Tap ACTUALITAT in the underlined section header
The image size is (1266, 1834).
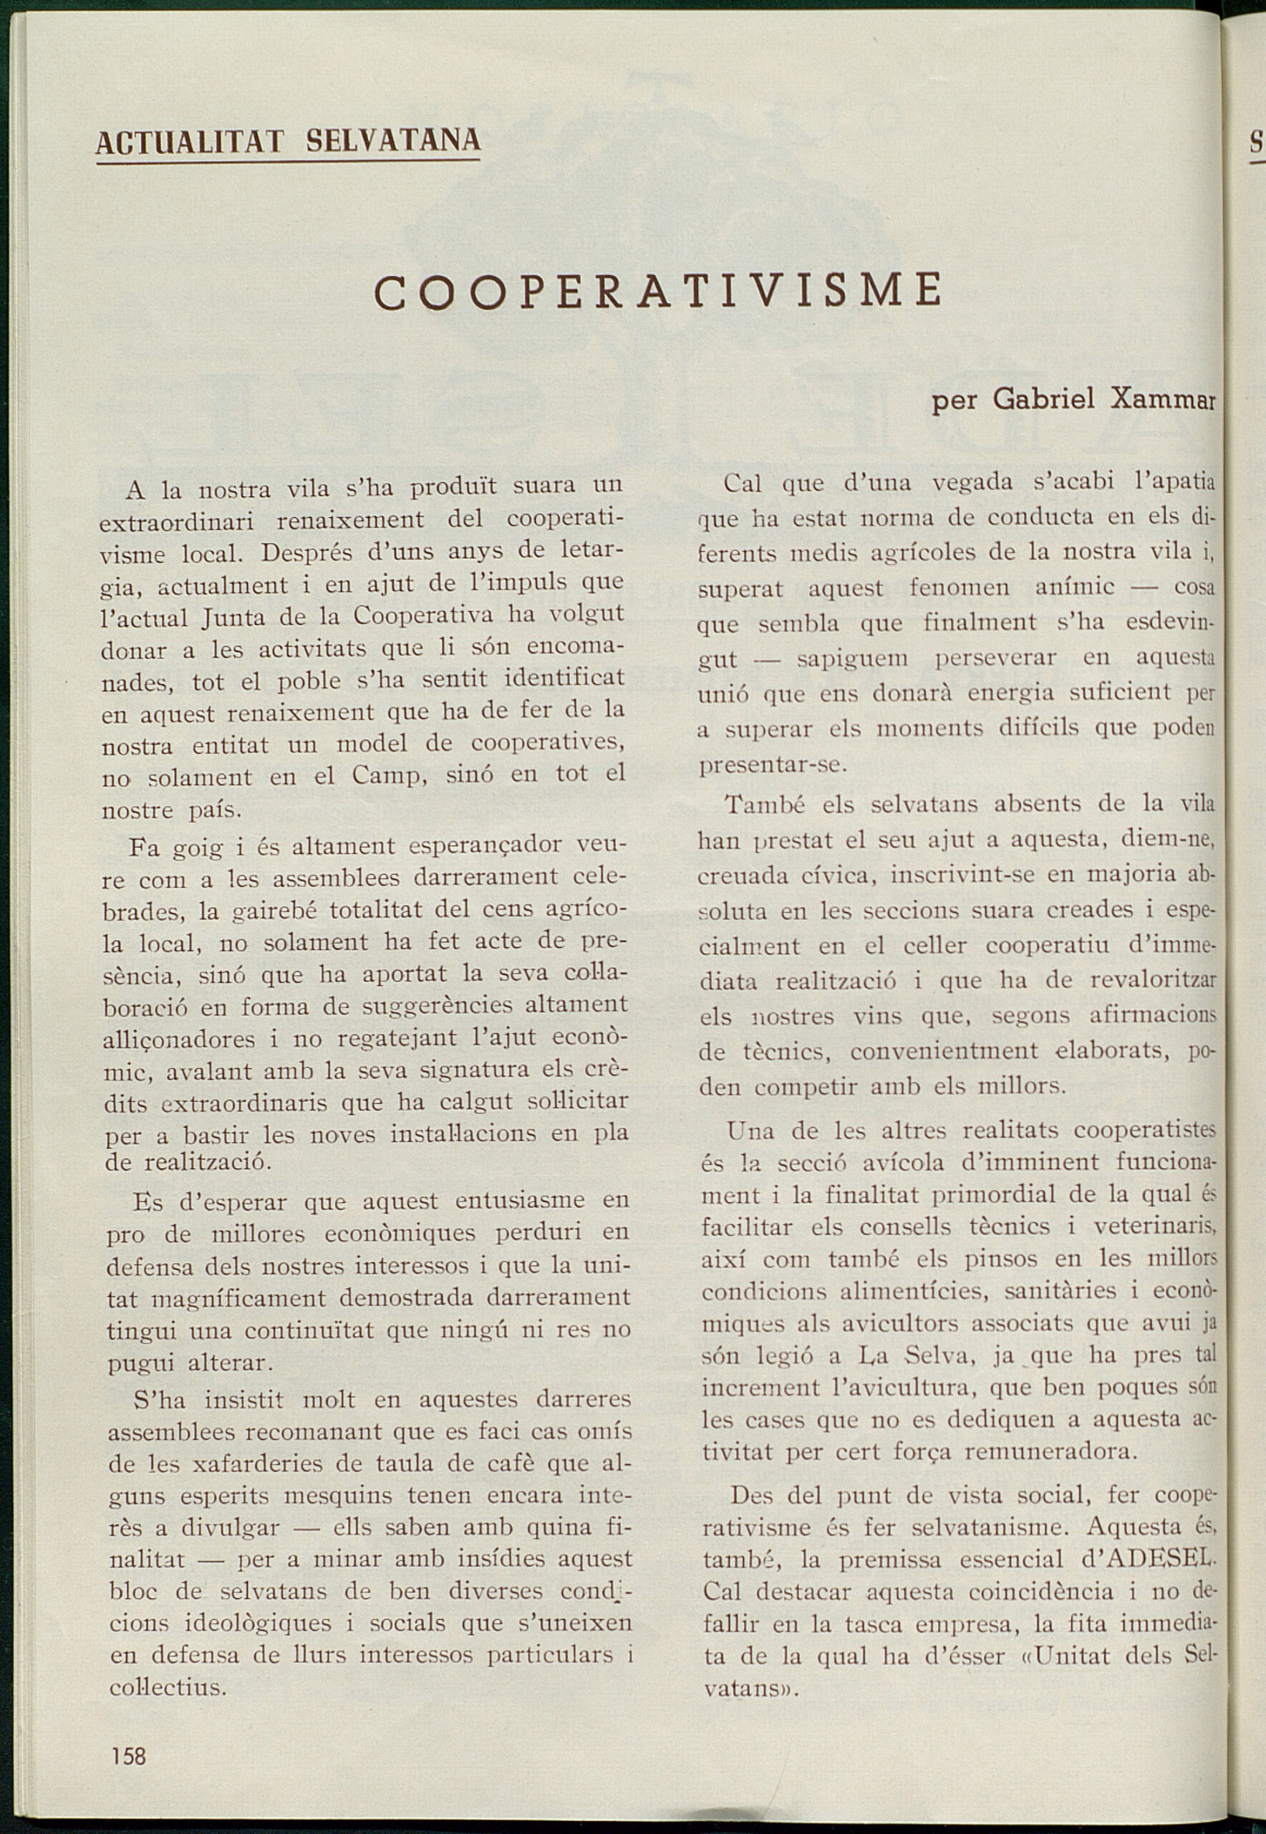coord(190,142)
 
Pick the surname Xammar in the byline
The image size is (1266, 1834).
coord(1163,398)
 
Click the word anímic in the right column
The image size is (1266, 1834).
coord(1075,587)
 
